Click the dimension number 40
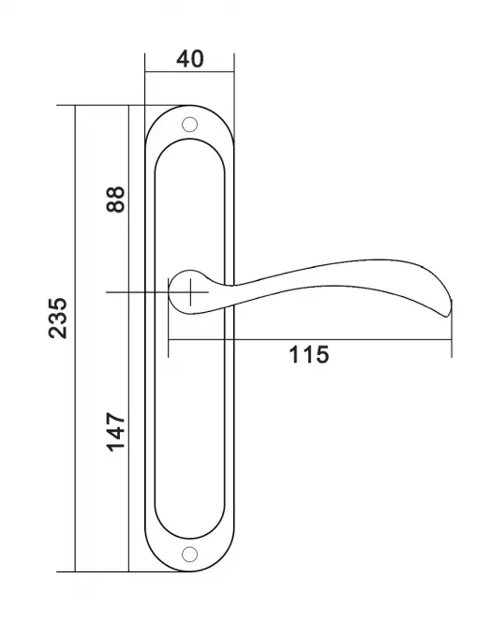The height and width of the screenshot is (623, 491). click(190, 59)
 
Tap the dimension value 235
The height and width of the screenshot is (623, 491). click(58, 318)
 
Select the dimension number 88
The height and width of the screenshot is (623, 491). click(115, 199)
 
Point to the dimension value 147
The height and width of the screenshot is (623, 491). click(115, 432)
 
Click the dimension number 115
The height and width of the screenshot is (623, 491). click(308, 355)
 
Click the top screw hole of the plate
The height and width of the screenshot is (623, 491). click(189, 125)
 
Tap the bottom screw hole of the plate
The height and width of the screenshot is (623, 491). click(189, 555)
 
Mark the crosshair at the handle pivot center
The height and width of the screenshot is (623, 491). click(190, 292)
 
